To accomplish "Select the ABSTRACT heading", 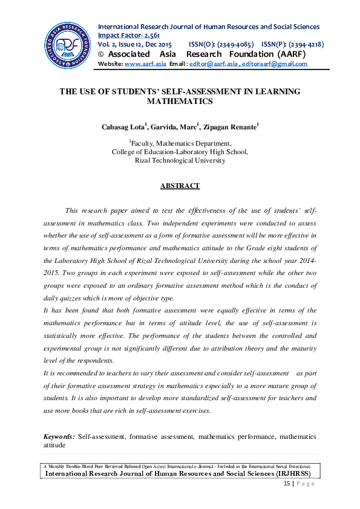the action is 180,186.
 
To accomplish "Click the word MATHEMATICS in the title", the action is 180,102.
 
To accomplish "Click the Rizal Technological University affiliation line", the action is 180,160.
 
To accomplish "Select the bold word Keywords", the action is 59,436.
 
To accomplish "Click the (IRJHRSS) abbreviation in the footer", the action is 297,474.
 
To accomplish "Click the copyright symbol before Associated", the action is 101,54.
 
